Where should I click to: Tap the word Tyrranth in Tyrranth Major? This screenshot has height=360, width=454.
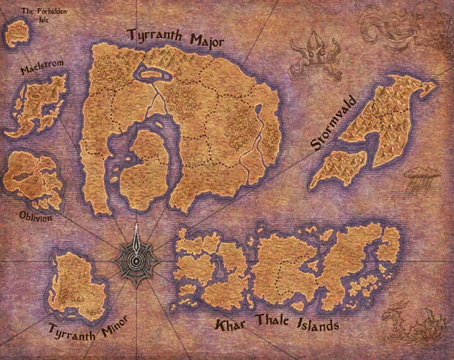[x=152, y=36]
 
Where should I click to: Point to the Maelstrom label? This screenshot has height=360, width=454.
[x=43, y=68]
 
